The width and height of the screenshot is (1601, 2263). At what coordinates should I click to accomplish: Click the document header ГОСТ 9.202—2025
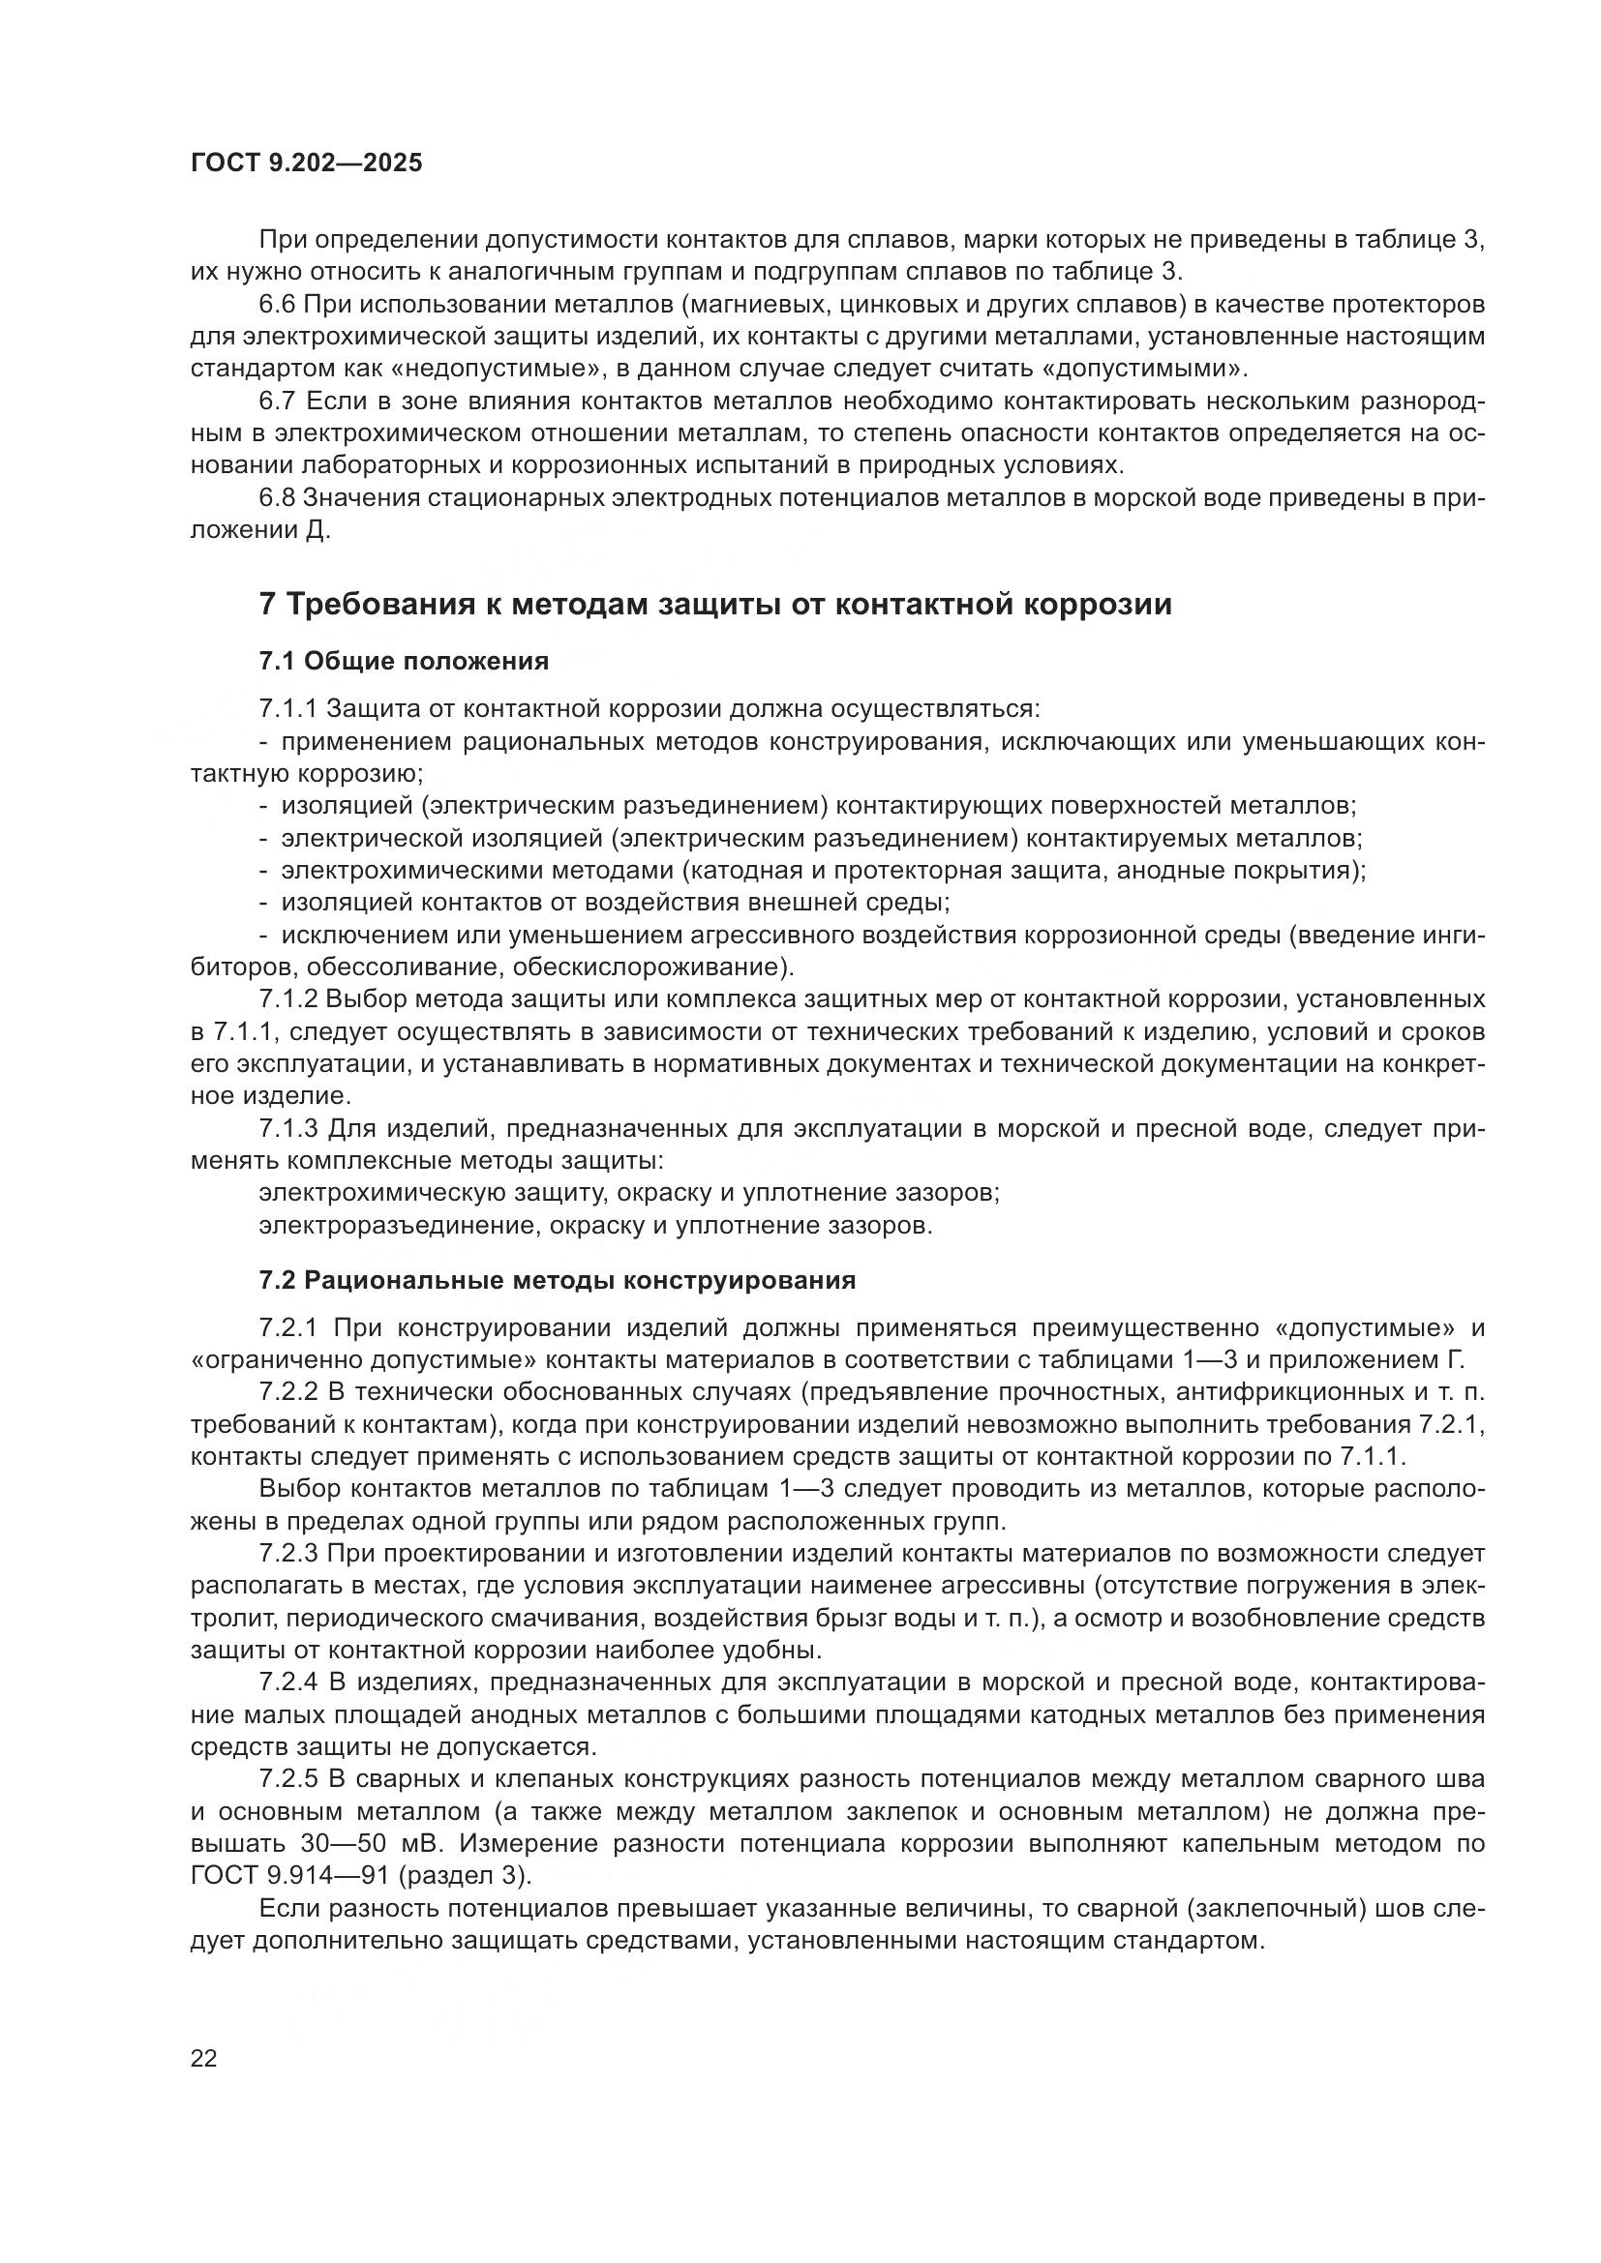(x=306, y=164)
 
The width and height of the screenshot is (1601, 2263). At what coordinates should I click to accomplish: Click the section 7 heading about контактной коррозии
(x=714, y=604)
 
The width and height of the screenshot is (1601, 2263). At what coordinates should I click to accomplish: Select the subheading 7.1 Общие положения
(x=404, y=662)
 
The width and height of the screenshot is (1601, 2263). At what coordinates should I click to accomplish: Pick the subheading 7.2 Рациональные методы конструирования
(x=557, y=1280)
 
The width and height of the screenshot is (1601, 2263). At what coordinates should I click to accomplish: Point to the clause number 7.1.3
(x=288, y=1127)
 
